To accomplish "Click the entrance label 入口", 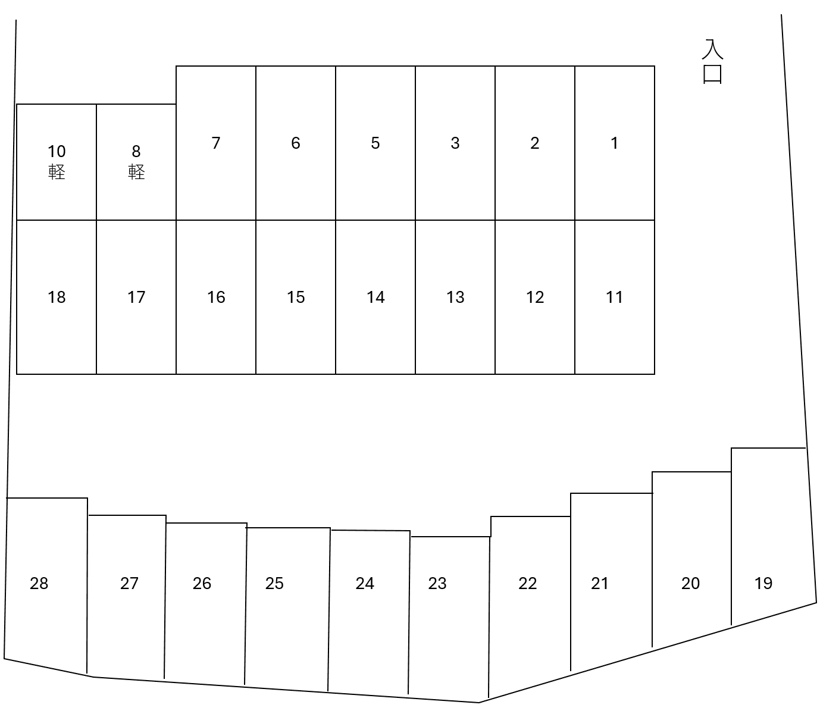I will coord(712,62).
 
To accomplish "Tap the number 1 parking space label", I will coord(614,143).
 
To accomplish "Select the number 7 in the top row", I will coord(215,143).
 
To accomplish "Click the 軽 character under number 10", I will coord(57,173).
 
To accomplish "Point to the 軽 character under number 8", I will coord(136,173).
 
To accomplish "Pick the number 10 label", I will coord(57,152).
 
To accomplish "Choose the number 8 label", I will coord(136,152).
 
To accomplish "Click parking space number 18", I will coord(57,297).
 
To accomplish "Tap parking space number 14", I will coord(375,297).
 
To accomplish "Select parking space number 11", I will coord(614,297).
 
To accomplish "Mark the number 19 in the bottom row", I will coord(763,584).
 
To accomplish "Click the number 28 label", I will coord(39,584).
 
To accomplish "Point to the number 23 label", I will coord(437,584).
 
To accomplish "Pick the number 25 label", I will coord(274,584).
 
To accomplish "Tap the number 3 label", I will coord(455,143).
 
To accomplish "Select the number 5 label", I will coord(375,143).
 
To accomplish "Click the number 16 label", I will coord(216,297).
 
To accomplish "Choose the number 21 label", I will coord(600,584).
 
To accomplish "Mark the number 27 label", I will coord(129,584).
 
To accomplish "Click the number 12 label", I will coord(535,297).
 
